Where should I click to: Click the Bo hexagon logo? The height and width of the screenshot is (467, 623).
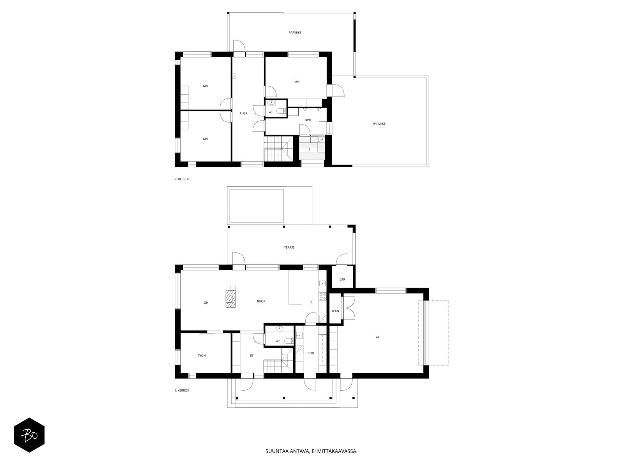click(29, 435)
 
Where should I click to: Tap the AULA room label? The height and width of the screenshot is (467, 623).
click(243, 113)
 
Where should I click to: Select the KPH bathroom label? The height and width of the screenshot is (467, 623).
click(308, 120)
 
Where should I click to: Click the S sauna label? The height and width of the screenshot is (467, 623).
click(310, 149)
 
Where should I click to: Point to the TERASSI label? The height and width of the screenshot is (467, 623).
click(290, 248)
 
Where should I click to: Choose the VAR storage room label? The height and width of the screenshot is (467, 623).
click(342, 279)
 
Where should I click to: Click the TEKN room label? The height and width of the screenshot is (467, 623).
click(335, 311)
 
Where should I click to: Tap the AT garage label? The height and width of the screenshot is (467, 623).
click(377, 337)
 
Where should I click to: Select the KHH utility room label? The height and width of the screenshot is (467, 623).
click(311, 353)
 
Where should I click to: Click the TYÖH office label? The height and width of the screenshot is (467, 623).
click(202, 356)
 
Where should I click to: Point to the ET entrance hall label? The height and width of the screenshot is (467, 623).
click(252, 356)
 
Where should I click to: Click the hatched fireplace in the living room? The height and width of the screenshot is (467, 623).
click(231, 298)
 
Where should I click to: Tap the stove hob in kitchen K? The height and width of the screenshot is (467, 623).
click(323, 297)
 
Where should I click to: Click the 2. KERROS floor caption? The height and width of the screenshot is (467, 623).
click(182, 179)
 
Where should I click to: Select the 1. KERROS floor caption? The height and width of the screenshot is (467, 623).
click(182, 390)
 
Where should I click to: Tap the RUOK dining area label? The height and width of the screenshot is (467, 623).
click(261, 301)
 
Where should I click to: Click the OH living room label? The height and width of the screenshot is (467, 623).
click(206, 303)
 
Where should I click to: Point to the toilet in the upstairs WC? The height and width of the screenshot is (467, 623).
click(282, 111)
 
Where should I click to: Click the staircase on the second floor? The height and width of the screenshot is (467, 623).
click(278, 149)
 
